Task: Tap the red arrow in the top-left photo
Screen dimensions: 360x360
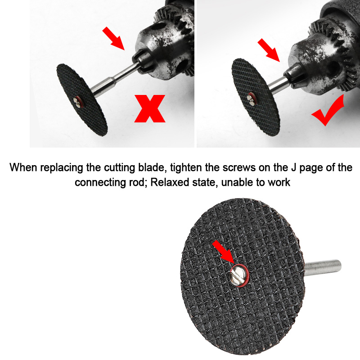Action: tap(113, 38)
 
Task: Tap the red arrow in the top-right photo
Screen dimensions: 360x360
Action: tap(269, 50)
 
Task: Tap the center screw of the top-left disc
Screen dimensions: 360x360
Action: tap(79, 103)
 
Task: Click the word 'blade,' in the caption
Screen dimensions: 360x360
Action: tap(156, 168)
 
